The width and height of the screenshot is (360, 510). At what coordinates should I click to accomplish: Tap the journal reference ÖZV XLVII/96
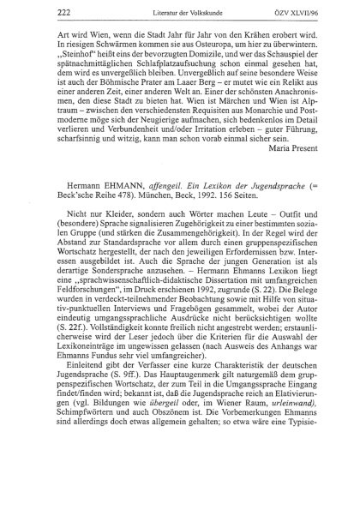[299, 11]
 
